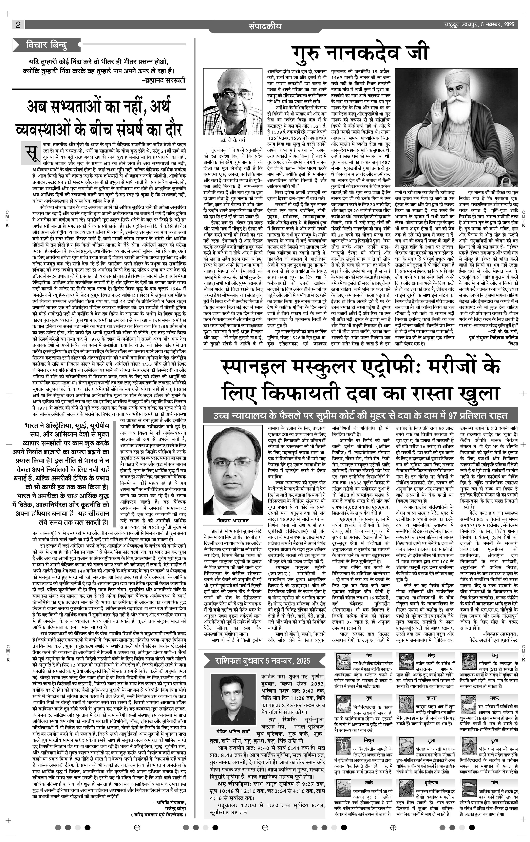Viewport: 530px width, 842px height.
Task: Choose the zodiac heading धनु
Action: (x=494, y=655)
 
